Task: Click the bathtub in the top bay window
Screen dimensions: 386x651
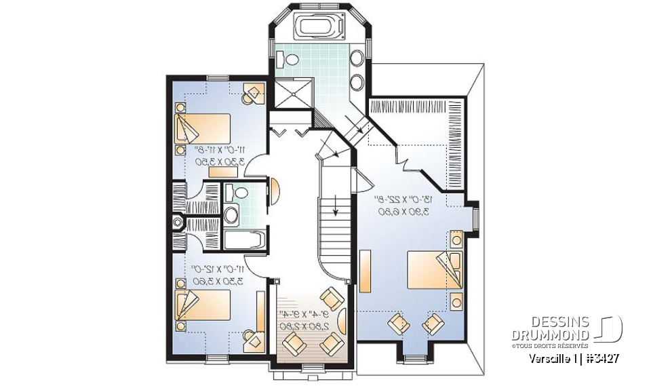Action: [316, 28]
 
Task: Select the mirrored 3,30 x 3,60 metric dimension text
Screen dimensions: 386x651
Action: [218, 278]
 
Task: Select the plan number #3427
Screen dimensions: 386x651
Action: [602, 359]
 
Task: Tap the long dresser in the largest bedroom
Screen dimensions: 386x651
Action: [365, 271]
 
